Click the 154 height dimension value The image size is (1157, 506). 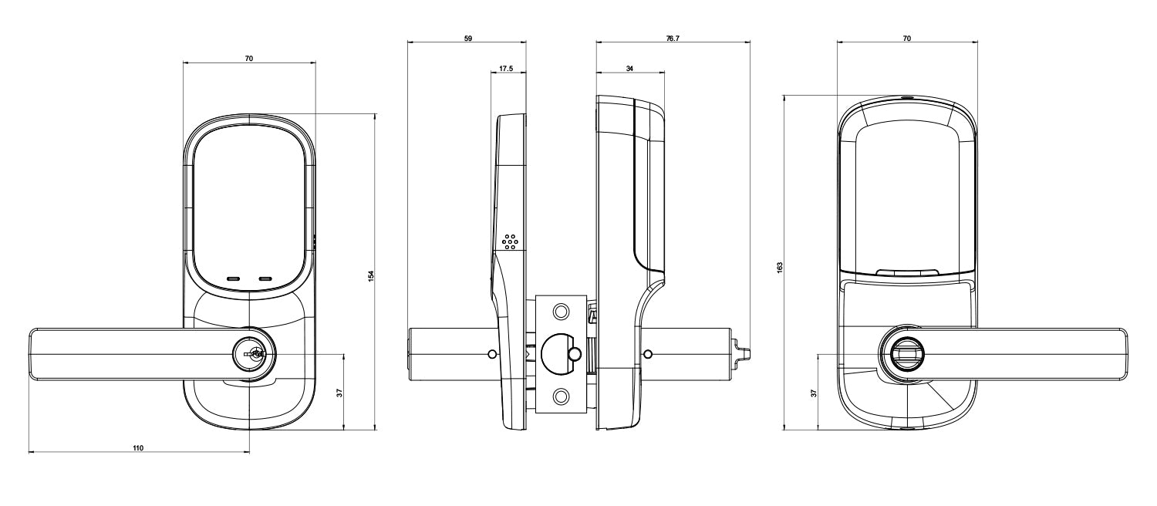370,275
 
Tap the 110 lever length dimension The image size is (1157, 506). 139,447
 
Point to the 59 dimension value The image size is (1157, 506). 468,38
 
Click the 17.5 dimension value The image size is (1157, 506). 507,69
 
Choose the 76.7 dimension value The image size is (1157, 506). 672,38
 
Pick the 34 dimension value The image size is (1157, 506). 630,69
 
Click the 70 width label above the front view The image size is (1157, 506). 249,58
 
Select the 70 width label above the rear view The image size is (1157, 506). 906,38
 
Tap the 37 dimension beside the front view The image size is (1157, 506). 339,392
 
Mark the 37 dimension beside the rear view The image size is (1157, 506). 813,393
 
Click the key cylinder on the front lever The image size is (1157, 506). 252,355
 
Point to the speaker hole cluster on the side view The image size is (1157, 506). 510,241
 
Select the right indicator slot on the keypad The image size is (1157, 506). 267,278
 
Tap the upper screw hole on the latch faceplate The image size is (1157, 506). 561,311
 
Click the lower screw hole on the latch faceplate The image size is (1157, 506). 561,397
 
